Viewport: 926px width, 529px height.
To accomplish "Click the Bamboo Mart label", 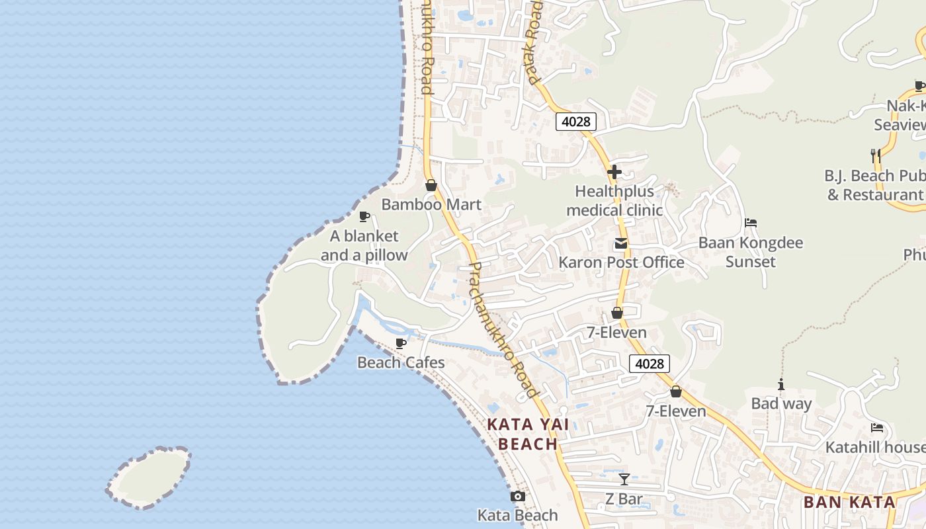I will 431,204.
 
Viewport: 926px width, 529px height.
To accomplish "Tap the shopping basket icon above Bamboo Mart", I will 431,185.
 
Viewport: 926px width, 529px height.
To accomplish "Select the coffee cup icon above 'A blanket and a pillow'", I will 364,216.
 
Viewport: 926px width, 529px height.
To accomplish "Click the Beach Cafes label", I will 401,362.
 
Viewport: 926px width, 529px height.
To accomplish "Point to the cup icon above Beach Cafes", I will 400,343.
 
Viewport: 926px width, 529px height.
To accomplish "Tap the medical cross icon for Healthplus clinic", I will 614,172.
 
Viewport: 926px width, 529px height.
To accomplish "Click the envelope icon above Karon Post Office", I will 620,243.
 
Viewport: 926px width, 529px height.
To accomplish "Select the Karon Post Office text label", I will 621,263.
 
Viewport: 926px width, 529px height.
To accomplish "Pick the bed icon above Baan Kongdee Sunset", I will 750,223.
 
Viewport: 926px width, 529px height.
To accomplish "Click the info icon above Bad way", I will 781,384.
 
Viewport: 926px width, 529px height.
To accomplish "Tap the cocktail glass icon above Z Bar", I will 624,479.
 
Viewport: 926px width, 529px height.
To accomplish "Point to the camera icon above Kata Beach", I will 518,496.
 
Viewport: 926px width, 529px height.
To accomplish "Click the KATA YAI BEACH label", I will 528,434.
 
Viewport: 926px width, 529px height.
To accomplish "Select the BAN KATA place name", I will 849,502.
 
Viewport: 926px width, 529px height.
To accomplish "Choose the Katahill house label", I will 874,448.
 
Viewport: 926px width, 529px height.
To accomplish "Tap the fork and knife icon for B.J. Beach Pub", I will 875,155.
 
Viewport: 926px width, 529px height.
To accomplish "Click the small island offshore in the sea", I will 149,477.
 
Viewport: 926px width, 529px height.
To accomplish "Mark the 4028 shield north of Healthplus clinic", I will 575,122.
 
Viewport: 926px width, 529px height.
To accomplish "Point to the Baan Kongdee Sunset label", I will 751,252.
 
